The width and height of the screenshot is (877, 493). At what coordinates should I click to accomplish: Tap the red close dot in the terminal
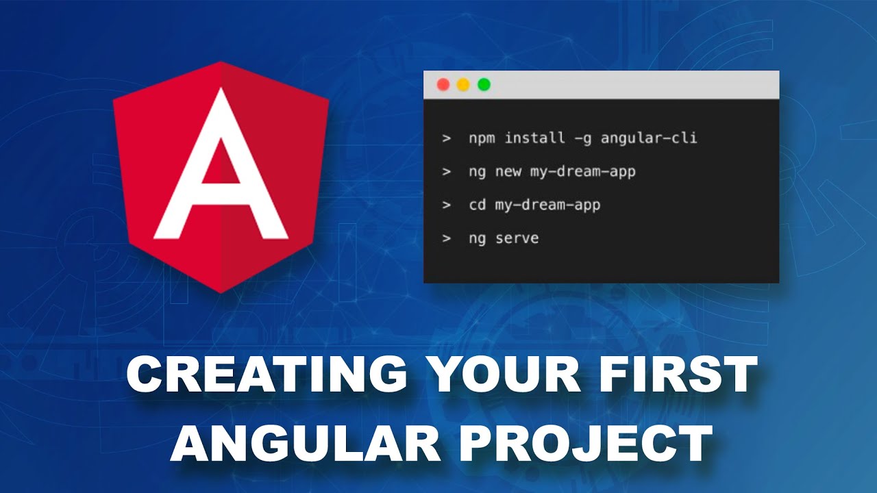pos(443,85)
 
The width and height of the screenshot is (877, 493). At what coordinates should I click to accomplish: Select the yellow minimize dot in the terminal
pos(463,85)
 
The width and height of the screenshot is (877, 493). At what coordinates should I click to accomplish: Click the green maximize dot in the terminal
pos(484,85)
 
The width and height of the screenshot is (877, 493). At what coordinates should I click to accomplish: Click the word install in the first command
pos(532,138)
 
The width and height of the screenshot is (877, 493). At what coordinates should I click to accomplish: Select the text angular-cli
pos(649,138)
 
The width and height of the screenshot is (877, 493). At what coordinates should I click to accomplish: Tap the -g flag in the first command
pos(580,138)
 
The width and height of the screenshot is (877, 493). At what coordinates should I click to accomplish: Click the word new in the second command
pos(508,171)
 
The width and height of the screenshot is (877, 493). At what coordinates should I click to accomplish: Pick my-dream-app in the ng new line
pos(583,172)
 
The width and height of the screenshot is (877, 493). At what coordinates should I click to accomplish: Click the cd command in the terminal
pos(478,205)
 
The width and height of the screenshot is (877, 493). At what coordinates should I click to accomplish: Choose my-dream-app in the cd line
pos(547,205)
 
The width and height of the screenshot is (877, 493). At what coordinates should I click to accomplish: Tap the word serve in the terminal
pos(517,238)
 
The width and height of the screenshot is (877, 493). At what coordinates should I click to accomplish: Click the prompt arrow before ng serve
pos(447,238)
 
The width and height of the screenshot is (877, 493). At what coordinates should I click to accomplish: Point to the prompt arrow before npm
pos(447,138)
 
